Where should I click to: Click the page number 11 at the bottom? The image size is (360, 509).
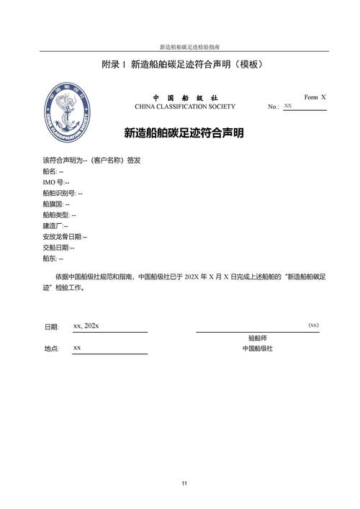tap(184, 482)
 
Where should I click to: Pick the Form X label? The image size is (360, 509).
tap(315, 96)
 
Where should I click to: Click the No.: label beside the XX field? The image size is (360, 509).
tap(273, 107)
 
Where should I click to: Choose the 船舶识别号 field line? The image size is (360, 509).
tap(63, 193)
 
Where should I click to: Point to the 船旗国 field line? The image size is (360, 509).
tap(56, 204)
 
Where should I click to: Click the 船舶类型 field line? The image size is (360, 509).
tap(59, 215)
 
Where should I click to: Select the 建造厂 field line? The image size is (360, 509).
tap(55, 225)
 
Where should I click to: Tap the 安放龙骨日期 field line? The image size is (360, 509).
tap(65, 236)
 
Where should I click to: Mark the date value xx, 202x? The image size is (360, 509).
tap(86, 326)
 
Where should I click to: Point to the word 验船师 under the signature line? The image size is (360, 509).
tap(258, 338)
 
